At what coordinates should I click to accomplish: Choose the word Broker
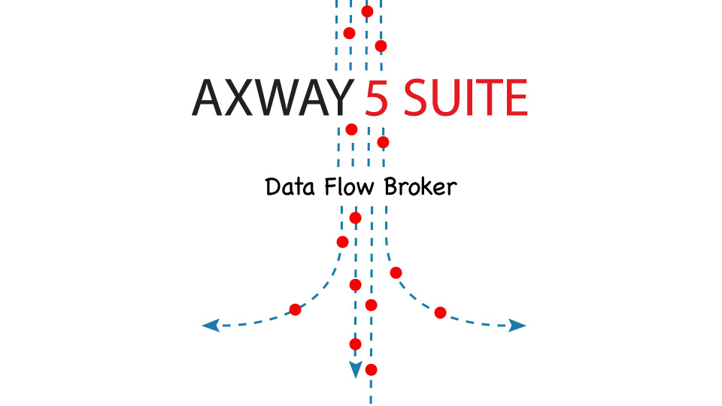pyautogui.click(x=420, y=186)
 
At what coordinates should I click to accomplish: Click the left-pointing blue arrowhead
pyautogui.click(x=211, y=326)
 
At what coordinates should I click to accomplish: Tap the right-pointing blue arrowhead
pyautogui.click(x=517, y=326)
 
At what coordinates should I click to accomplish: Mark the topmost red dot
pyautogui.click(x=367, y=11)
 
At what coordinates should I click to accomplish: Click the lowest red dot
pyautogui.click(x=371, y=369)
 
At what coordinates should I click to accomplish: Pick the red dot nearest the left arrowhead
pyautogui.click(x=296, y=309)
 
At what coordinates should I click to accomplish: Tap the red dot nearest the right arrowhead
pyautogui.click(x=441, y=312)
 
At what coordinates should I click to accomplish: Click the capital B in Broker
pyautogui.click(x=393, y=186)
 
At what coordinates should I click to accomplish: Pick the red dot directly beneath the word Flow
pyautogui.click(x=356, y=218)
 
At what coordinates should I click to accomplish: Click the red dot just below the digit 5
pyautogui.click(x=383, y=142)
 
